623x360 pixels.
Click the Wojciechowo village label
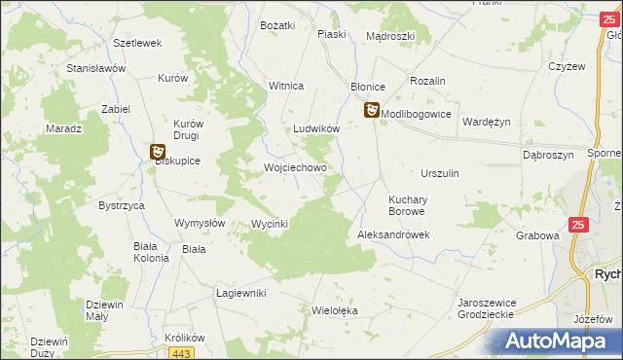pos(295,167)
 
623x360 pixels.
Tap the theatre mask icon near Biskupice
pos(158,151)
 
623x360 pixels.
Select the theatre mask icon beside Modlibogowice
pos(372,112)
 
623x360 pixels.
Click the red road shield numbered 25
pos(579,225)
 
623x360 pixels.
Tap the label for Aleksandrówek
pos(393,235)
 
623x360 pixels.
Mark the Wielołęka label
pos(335,311)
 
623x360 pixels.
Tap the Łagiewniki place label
pos(240,293)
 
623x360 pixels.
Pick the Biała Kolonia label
pos(152,252)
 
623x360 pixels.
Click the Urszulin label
pos(440,172)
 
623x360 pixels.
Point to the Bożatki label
pos(277,25)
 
